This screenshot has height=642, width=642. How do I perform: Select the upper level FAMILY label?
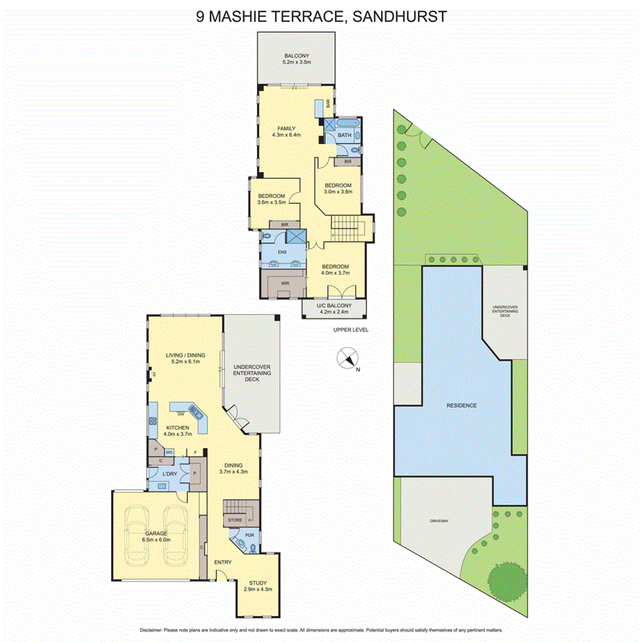[x=287, y=129]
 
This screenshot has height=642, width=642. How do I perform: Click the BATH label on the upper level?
[x=344, y=136]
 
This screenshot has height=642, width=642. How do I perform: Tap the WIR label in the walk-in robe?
[x=284, y=283]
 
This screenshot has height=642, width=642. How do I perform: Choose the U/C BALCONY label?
[x=334, y=306]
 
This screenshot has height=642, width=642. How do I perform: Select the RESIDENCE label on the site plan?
[x=461, y=405]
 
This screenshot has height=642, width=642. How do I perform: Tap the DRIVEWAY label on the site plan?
[x=439, y=521]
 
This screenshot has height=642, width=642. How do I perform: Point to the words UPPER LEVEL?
[x=351, y=330]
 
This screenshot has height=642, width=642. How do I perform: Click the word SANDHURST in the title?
[x=397, y=17]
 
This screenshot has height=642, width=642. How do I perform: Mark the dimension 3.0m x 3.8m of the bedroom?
[x=338, y=192]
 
